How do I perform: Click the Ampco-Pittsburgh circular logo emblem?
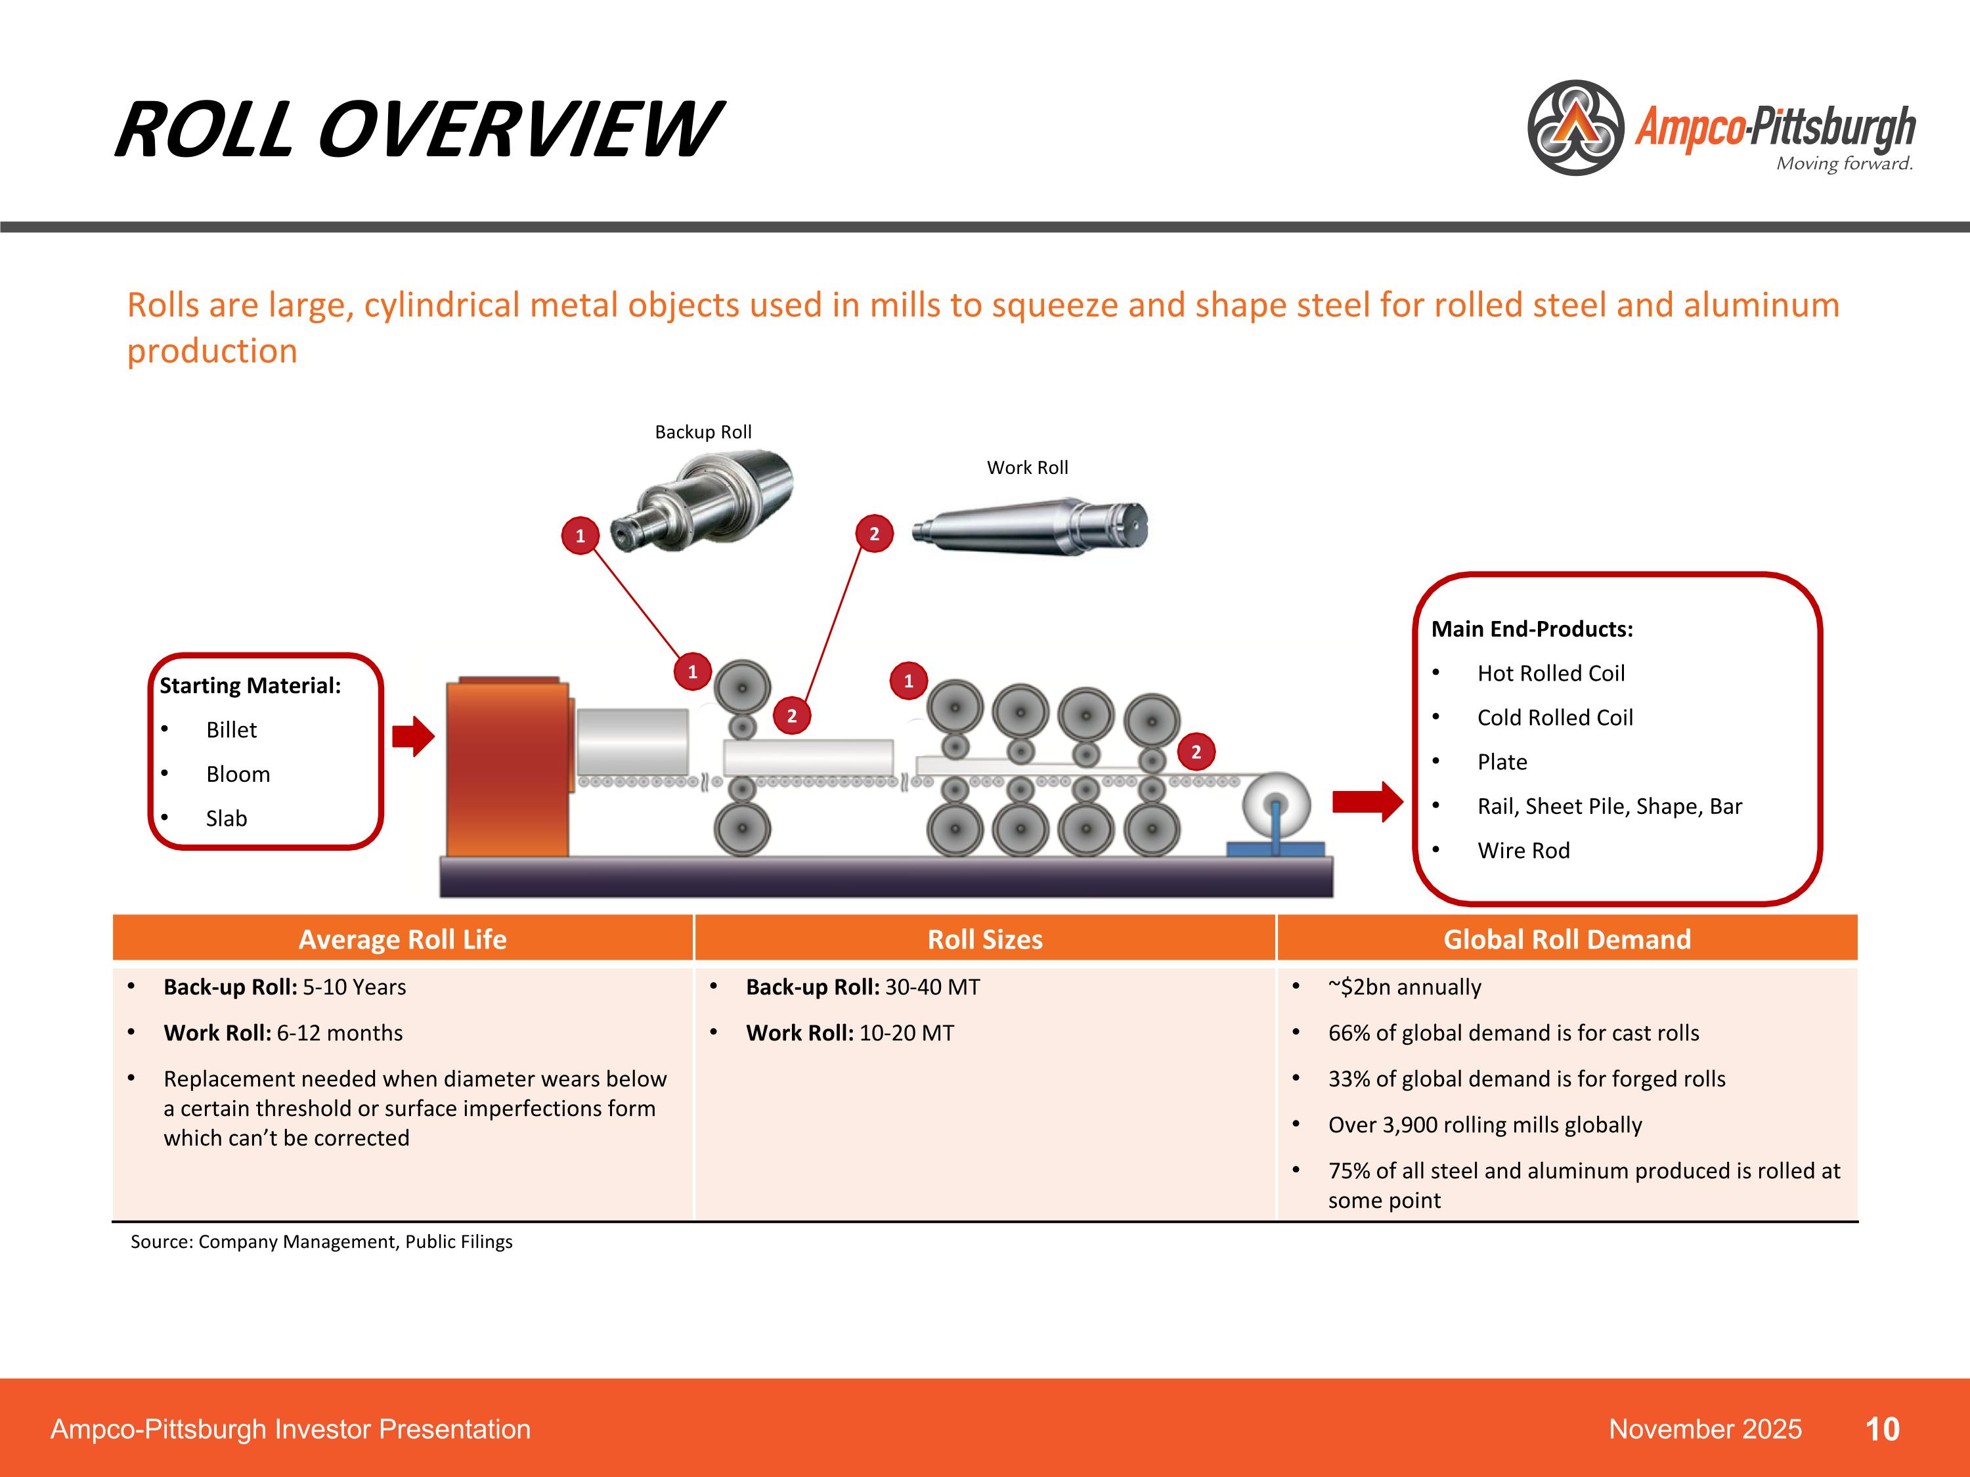coord(1575,127)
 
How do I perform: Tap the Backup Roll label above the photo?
coord(703,432)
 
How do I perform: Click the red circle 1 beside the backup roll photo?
coord(580,535)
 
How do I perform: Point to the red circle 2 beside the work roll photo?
coord(873,533)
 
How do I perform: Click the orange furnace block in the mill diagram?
coord(508,767)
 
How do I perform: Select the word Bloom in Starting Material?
coord(238,774)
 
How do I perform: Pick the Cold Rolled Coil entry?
coord(1554,717)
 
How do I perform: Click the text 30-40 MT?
coord(932,987)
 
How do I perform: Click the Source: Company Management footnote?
coord(322,1241)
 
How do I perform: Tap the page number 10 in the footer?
coord(1882,1429)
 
